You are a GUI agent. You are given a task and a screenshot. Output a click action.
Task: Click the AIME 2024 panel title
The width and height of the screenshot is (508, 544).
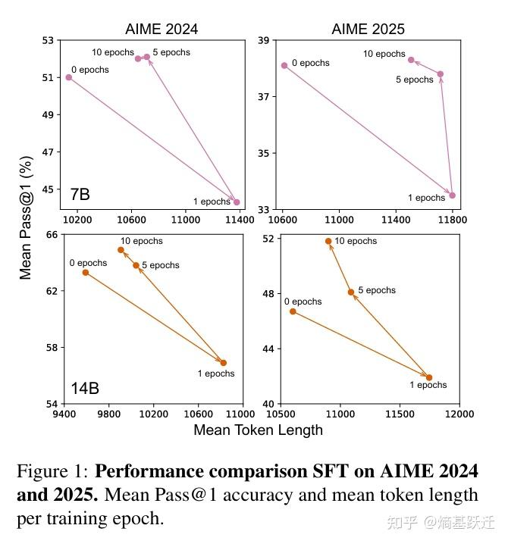[161, 30]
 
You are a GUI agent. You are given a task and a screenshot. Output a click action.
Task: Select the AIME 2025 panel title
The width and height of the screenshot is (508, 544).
[368, 30]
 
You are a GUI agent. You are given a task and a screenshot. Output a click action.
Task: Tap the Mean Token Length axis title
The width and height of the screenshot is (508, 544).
[258, 430]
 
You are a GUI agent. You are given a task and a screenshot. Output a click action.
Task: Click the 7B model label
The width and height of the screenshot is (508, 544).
[80, 195]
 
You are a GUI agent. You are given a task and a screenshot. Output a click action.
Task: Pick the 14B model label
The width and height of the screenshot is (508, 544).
[85, 389]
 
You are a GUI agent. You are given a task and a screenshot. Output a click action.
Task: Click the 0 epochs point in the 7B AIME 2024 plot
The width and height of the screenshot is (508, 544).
[69, 77]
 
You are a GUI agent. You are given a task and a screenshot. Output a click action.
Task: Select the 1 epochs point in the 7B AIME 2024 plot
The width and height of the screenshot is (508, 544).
[237, 202]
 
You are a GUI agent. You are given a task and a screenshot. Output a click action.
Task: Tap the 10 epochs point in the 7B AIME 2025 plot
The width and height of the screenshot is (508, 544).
[411, 60]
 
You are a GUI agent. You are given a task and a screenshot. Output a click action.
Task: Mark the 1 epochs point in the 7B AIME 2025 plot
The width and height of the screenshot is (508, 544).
[453, 195]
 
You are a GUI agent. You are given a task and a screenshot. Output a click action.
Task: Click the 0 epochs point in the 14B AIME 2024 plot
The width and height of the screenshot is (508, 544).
[86, 272]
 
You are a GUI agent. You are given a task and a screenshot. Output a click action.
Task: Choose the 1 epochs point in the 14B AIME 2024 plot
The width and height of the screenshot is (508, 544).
[224, 363]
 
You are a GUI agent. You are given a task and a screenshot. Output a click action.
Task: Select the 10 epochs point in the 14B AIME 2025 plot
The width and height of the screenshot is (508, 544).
[328, 242]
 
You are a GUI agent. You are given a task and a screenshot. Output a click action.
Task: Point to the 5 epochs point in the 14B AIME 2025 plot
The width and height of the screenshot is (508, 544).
[351, 292]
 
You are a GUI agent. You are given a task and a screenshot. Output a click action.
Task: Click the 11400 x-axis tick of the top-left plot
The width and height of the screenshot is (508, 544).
[240, 220]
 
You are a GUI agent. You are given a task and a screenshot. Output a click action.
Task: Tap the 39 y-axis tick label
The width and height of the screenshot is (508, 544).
[265, 41]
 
